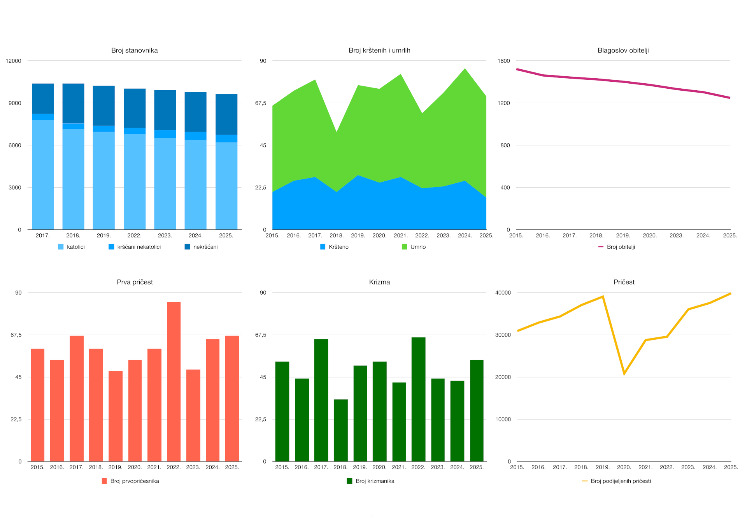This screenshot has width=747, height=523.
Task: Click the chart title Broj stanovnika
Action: (x=134, y=51)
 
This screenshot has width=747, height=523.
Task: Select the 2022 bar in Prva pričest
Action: (x=174, y=381)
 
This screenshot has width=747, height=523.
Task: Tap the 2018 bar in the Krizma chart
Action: (x=340, y=430)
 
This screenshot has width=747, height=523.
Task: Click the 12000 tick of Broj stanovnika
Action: (x=14, y=61)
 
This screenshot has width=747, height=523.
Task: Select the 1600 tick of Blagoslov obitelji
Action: (x=503, y=61)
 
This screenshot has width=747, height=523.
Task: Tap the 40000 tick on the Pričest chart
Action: (x=503, y=293)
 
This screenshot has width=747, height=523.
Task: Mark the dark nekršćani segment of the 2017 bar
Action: (x=43, y=98)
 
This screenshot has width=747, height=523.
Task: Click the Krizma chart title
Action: (x=379, y=282)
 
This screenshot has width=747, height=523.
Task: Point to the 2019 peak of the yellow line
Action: (x=603, y=297)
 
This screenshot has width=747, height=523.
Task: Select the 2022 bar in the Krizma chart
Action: (x=418, y=399)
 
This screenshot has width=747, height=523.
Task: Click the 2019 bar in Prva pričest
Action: (x=116, y=416)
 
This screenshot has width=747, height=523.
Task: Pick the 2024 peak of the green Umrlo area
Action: (x=465, y=70)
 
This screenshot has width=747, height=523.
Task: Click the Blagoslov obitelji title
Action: (x=623, y=51)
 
